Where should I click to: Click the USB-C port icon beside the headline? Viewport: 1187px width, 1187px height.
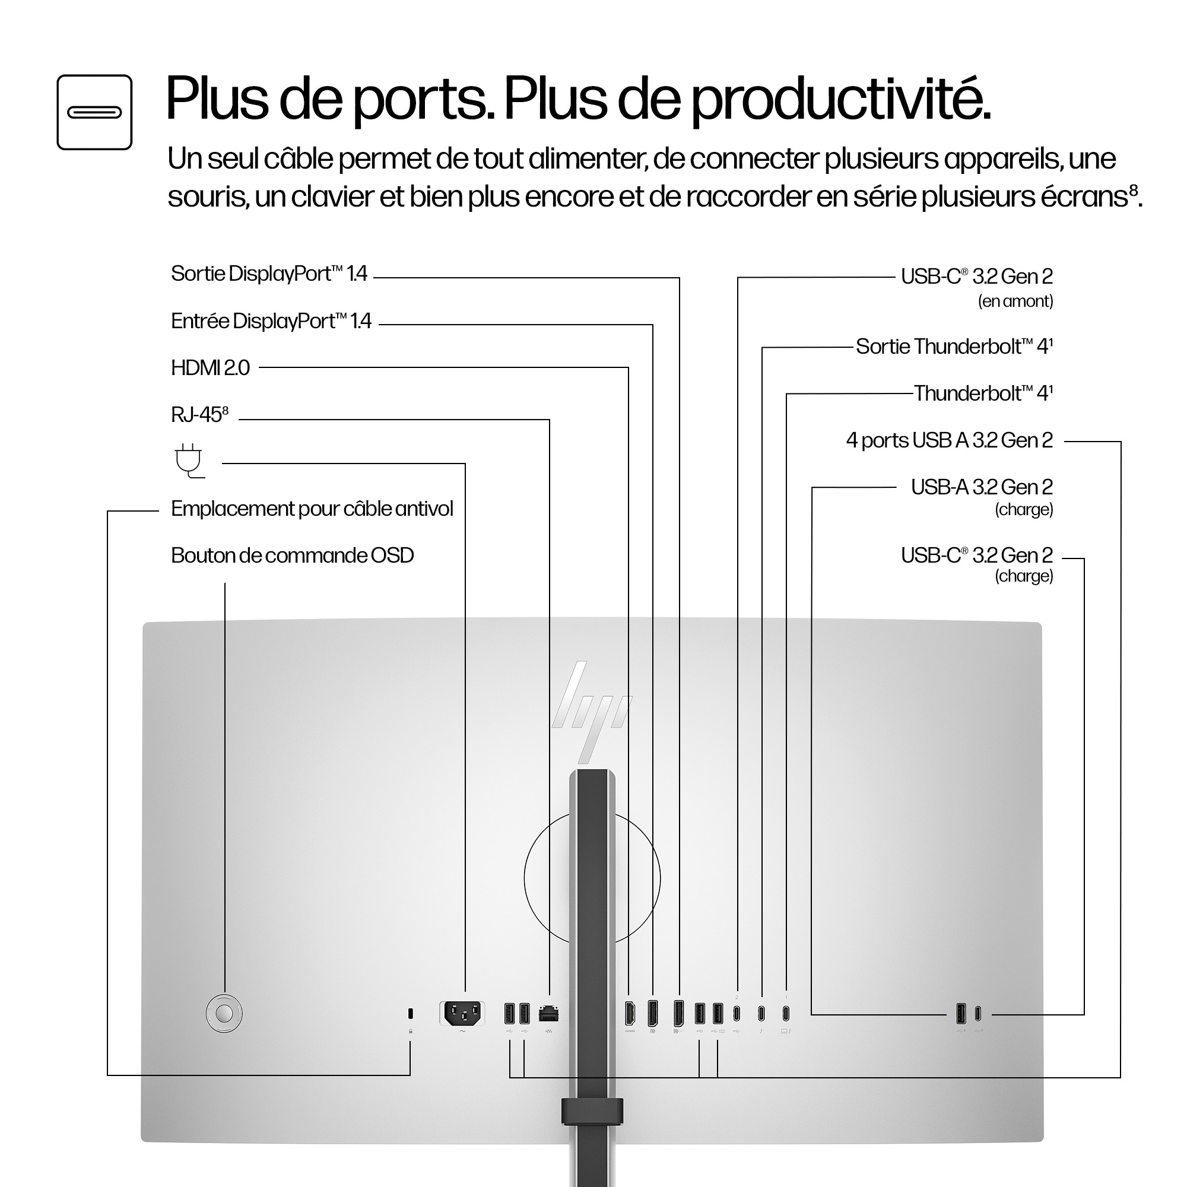pos(94,112)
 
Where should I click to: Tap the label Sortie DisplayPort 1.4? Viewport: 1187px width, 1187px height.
pos(268,274)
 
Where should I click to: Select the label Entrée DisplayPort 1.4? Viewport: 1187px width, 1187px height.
pos(271,321)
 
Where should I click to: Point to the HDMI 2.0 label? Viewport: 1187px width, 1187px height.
pos(210,368)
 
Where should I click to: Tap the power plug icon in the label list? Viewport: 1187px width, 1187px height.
pos(189,460)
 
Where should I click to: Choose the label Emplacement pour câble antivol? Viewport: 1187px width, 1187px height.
pos(312,509)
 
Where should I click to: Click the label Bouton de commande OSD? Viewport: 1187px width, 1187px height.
pos(292,556)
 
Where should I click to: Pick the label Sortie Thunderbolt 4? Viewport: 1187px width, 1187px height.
pos(954,347)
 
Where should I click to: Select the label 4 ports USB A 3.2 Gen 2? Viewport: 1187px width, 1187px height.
pos(949,440)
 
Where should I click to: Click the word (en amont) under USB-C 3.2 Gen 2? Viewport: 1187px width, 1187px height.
pos(1015,301)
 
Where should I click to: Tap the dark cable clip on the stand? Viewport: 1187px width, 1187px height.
pos(592,1112)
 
